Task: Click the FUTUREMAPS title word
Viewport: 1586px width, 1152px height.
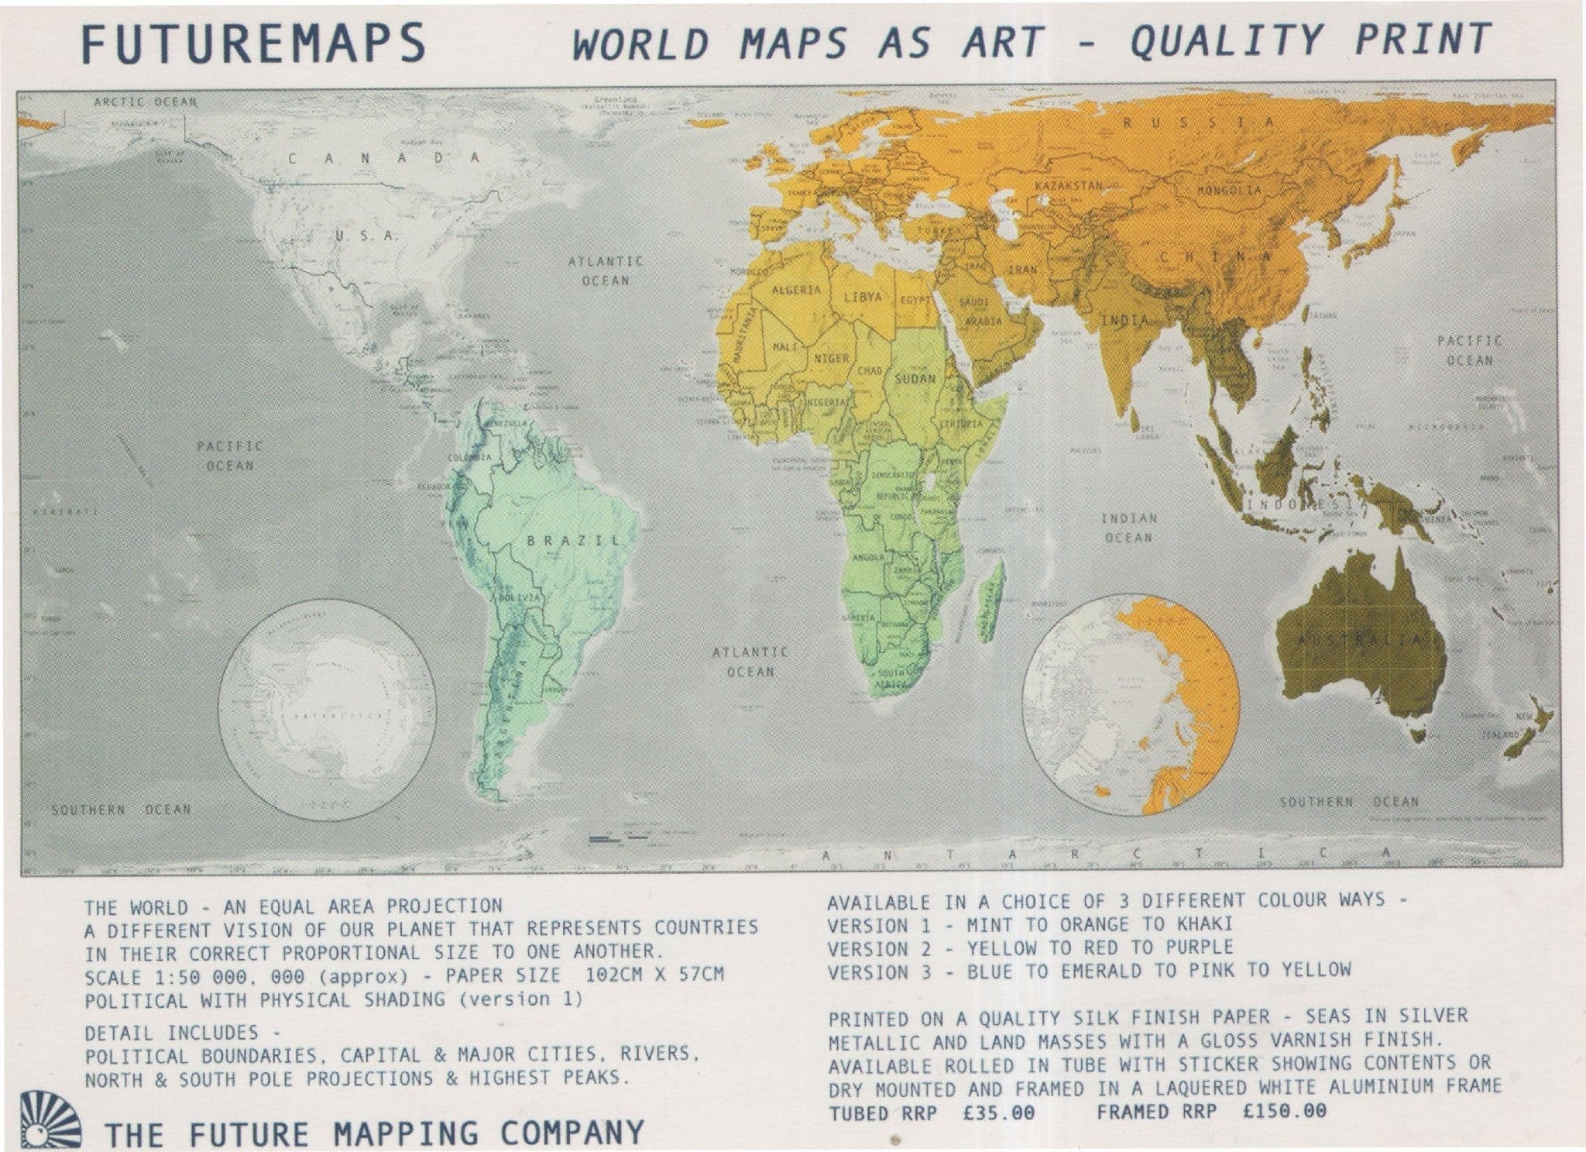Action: [253, 43]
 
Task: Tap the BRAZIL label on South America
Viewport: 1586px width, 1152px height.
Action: [573, 540]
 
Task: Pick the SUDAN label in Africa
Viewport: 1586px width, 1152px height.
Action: [915, 380]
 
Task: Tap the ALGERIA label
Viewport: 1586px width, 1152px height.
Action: [797, 290]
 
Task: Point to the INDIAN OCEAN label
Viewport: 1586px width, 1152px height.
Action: [1128, 528]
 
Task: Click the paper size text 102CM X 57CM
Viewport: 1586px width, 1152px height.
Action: [655, 974]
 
